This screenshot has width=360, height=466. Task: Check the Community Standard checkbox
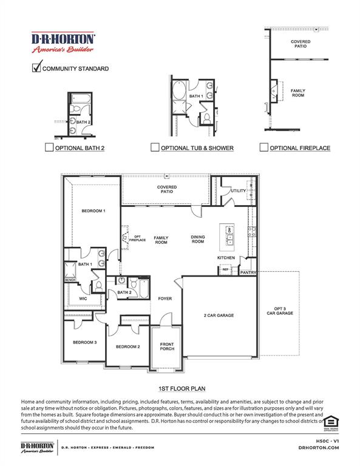36,68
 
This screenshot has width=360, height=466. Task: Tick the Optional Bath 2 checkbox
49,147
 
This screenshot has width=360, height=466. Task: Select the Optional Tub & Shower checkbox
155,147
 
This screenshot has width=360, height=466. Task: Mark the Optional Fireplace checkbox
263,147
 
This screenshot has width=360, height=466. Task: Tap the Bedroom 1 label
93,211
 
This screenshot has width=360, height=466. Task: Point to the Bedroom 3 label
85,342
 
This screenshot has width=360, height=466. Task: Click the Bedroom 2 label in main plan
128,346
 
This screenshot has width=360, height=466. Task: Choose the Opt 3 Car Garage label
280,311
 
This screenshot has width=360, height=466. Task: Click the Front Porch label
167,346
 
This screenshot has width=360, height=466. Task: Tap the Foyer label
165,299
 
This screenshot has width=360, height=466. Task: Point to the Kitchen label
226,258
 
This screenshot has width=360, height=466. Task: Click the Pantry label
248,272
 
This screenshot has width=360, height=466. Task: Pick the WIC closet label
83,298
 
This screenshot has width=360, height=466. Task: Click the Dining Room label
198,239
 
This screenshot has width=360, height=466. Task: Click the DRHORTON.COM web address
319,448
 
